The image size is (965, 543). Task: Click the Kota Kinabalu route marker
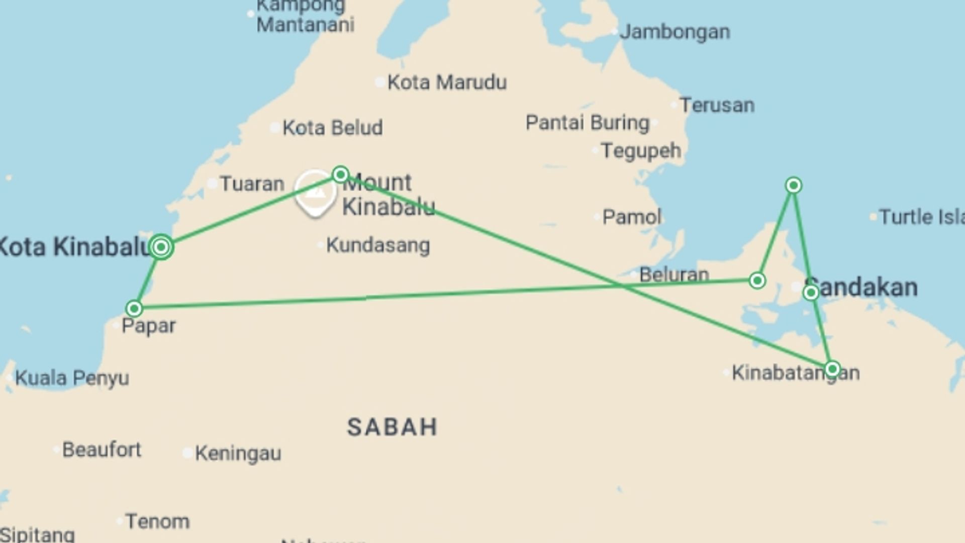[x=161, y=247]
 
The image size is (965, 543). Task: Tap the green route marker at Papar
[x=134, y=308]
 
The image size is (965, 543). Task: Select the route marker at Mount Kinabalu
[x=341, y=174]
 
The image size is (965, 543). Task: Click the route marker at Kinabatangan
[x=832, y=369]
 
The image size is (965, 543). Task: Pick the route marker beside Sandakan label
[x=811, y=293]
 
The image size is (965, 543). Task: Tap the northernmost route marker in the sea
[x=793, y=186]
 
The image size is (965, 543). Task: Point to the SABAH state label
[x=393, y=427]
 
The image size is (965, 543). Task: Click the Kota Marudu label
[x=447, y=82]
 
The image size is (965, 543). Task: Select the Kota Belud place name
[x=332, y=128]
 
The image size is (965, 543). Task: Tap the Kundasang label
[x=378, y=245]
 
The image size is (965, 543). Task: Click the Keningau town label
[x=238, y=454]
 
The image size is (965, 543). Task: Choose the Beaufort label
[x=102, y=449]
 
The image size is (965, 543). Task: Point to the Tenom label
[x=157, y=521]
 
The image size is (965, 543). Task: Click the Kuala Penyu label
[x=72, y=378]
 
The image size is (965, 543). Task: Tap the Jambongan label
[x=674, y=32]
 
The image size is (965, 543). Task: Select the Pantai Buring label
[x=588, y=123]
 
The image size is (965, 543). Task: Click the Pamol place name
[x=632, y=217]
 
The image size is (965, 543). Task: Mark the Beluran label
[x=674, y=275]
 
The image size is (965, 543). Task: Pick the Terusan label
[x=717, y=105]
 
